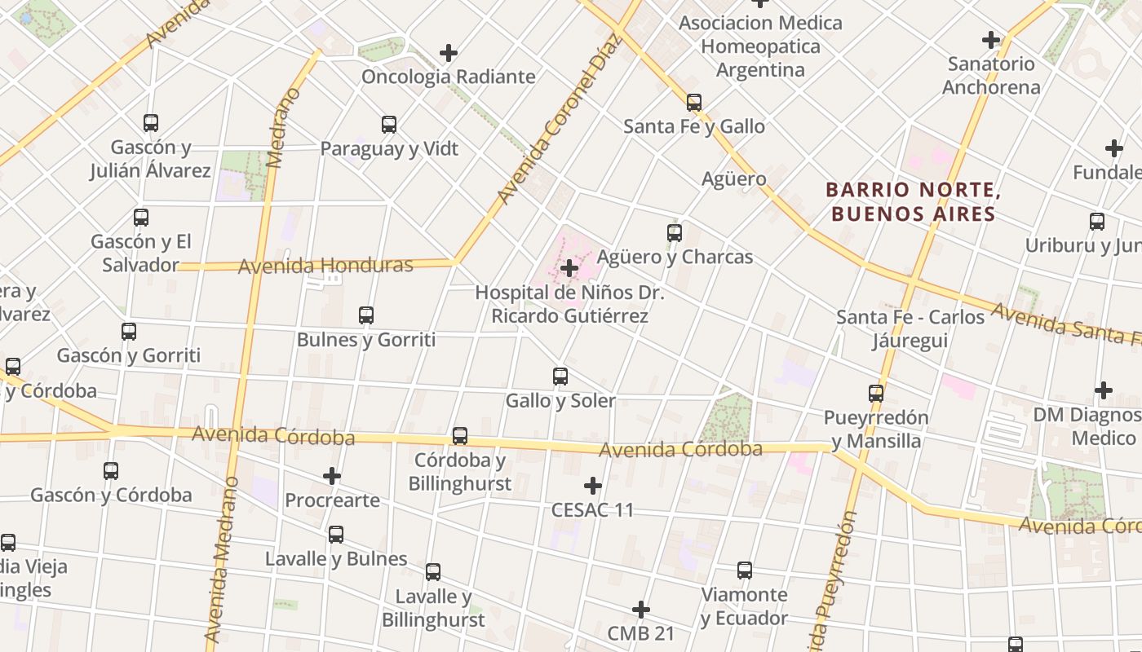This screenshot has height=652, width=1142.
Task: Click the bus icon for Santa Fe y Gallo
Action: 693,103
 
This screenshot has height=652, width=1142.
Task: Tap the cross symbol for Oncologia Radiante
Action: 449,53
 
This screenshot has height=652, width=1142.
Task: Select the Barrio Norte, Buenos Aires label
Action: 914,202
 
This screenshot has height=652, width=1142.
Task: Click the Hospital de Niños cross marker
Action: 569,267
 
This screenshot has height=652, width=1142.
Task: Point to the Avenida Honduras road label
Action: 325,266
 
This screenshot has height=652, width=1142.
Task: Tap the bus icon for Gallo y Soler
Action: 560,377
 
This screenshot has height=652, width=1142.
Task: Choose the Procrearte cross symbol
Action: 332,476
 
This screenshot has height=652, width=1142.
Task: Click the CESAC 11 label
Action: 592,510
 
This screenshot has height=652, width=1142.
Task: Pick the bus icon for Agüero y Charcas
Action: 675,233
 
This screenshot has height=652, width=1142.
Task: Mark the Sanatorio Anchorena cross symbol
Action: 991,39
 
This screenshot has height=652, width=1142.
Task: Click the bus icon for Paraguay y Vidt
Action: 389,125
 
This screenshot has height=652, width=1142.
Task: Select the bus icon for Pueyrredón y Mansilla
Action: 876,394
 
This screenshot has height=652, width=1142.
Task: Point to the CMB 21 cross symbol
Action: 641,609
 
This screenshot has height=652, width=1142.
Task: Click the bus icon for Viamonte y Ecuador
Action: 745,570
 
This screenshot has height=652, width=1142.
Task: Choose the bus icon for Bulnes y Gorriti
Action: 366,315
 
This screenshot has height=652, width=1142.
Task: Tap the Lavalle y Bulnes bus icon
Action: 336,535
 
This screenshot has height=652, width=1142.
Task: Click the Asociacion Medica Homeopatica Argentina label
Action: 760,46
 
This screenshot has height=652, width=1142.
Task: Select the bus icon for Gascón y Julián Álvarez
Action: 151,123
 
